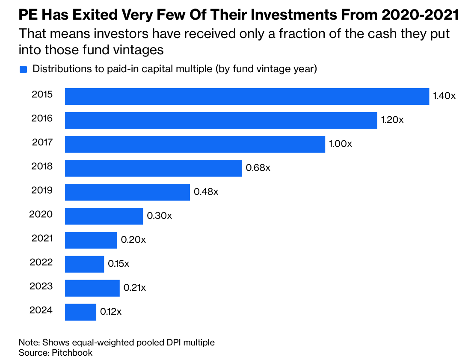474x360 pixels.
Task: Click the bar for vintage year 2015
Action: (247, 96)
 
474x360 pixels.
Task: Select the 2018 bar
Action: (153, 168)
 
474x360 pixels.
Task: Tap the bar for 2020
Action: (104, 216)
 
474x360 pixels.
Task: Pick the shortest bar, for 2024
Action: (80, 312)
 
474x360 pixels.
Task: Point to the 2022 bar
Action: (84, 264)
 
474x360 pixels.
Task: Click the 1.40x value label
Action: (444, 96)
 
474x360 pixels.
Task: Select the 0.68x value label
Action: (258, 168)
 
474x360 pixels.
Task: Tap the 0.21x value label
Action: (134, 287)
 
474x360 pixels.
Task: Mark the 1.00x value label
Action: (341, 144)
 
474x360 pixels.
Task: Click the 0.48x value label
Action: (206, 192)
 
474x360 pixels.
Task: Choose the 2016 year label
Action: (42, 118)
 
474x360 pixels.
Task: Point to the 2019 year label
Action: (42, 190)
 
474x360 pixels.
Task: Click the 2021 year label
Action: (42, 238)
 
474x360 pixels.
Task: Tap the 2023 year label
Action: (41, 286)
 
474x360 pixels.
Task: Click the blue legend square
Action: (23, 69)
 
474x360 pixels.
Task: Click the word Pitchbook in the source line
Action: (72, 353)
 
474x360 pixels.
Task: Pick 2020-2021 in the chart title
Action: (420, 15)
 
